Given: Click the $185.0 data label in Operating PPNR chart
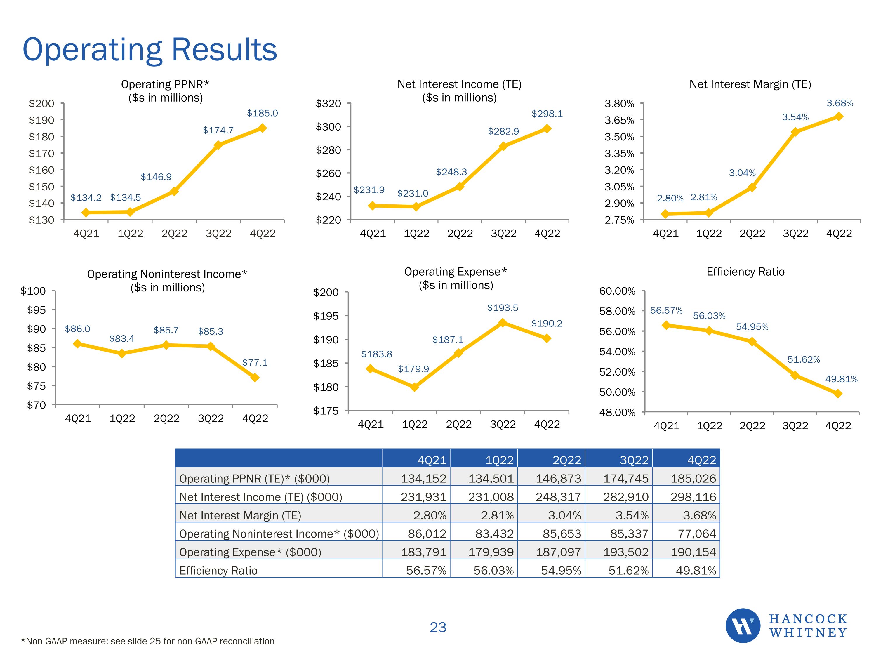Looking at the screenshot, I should coord(262,113).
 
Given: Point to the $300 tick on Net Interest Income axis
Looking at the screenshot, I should coord(328,127).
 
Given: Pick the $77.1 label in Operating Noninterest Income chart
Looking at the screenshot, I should coord(255,362).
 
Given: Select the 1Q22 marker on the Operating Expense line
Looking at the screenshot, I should coord(414,387).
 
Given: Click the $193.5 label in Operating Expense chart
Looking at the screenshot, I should coord(502,308).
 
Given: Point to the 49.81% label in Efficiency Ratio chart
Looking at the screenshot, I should coord(841,379).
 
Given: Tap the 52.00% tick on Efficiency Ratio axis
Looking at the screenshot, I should coord(617,372).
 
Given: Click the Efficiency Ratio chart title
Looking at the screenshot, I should coord(745,272).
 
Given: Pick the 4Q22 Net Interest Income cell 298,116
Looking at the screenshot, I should coord(693,497).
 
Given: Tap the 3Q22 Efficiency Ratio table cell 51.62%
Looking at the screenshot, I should coord(628,570).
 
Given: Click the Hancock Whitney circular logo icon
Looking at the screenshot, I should coord(743,625).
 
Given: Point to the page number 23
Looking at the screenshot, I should coord(438,627).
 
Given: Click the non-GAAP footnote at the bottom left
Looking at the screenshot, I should coord(147,641).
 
